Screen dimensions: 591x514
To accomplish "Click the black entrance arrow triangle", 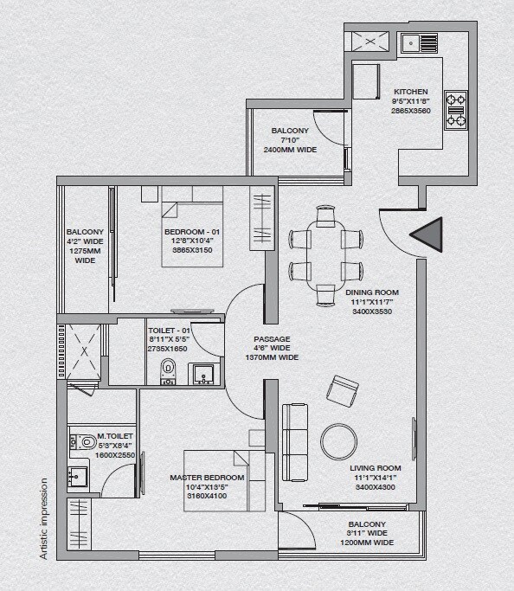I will [x=428, y=235].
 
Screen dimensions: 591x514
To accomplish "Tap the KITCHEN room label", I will [x=411, y=91].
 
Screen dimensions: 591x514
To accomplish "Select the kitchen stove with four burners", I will [x=455, y=110].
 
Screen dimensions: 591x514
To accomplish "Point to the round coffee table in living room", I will [x=338, y=440].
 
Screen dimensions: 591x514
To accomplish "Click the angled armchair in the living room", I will [x=343, y=390].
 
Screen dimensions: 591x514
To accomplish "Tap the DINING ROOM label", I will [x=372, y=292].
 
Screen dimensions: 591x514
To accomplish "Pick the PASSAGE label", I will [x=271, y=339].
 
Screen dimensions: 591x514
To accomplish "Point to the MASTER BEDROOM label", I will [x=208, y=477].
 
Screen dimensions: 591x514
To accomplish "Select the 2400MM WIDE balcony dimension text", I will [x=290, y=150].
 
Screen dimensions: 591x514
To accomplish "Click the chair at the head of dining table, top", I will [x=325, y=216].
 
